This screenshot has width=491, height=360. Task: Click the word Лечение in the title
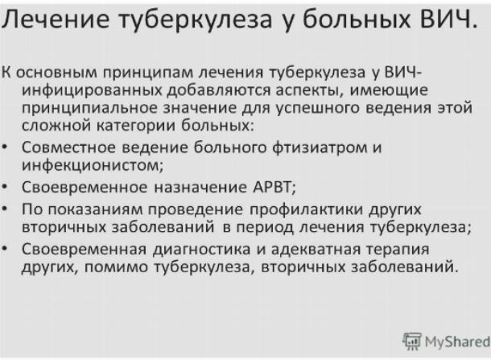56,19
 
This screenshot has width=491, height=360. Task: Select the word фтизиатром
320,148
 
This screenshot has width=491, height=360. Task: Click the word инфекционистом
93,165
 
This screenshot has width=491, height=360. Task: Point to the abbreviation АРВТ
274,187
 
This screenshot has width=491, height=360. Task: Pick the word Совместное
69,147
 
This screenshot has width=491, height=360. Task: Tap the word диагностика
202,250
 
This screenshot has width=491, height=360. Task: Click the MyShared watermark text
457,341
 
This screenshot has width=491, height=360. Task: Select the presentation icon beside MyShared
412,341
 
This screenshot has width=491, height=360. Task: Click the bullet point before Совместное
5,147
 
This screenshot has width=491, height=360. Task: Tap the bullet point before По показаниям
5,209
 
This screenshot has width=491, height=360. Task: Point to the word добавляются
218,90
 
